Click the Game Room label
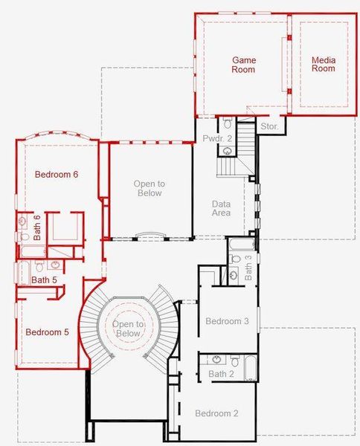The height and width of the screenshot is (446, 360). (x=243, y=65)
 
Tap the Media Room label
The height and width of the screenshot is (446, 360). (x=323, y=64)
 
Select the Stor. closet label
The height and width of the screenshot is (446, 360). (x=269, y=127)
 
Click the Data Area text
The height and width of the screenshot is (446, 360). (x=221, y=208)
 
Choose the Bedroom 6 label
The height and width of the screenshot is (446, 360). (x=57, y=175)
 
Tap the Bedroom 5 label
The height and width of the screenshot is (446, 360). (x=47, y=332)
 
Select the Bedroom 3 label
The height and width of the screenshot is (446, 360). (x=227, y=321)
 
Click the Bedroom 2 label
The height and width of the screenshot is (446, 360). (x=216, y=413)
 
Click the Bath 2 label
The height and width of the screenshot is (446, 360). (x=221, y=374)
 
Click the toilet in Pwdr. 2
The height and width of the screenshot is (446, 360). (x=228, y=123)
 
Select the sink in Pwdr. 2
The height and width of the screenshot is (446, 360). (x=228, y=150)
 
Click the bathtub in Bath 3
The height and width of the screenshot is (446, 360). (x=241, y=244)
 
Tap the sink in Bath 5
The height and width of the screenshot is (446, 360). (x=55, y=265)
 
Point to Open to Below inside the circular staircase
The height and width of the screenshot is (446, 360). (x=128, y=329)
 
